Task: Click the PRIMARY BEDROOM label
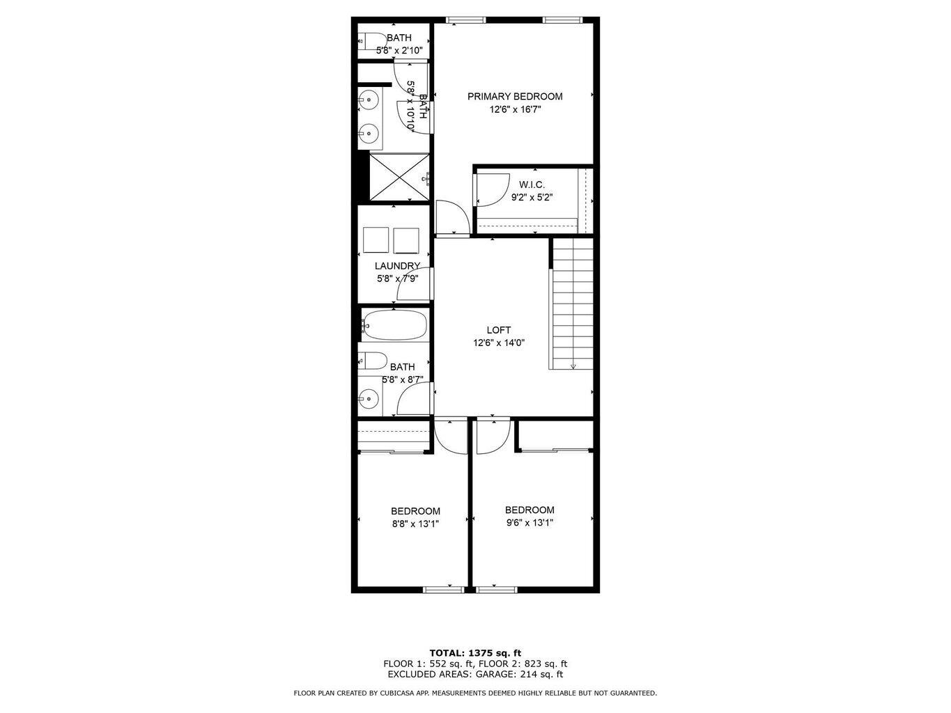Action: (514, 96)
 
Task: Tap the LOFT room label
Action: (498, 330)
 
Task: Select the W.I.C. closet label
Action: (532, 185)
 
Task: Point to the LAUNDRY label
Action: (397, 266)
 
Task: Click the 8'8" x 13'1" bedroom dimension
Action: (415, 524)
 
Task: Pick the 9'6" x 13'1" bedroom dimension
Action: (529, 523)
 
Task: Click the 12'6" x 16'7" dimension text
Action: (515, 109)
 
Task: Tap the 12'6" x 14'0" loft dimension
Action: (498, 343)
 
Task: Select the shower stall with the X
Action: (399, 178)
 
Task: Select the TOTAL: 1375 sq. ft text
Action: (475, 653)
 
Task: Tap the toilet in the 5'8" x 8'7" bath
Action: (372, 361)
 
